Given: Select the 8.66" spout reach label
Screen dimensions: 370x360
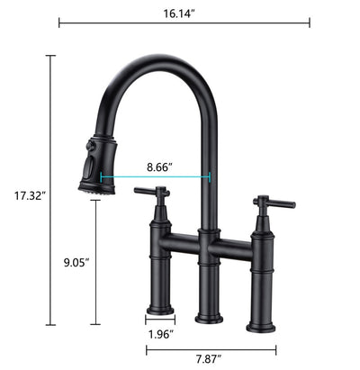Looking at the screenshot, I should click(x=158, y=167).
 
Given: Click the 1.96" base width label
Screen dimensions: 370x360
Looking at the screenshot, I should click(x=160, y=334).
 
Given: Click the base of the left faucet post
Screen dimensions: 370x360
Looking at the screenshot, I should click(x=160, y=309).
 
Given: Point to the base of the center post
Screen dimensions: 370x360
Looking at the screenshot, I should click(x=208, y=315).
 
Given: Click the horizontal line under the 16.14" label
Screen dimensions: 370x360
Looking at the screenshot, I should click(x=184, y=23).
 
